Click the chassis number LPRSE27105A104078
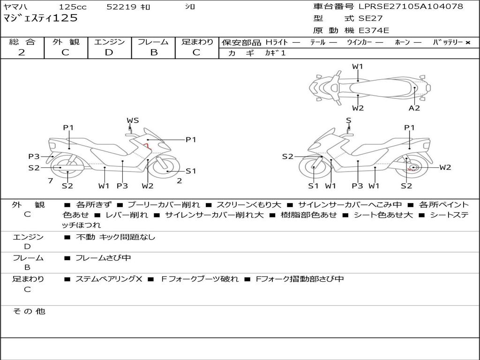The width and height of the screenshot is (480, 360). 411,7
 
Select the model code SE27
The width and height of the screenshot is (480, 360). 370,19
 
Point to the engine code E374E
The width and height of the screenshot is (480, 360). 374,31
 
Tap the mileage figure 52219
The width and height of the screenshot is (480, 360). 121,7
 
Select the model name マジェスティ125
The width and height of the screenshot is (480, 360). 40,19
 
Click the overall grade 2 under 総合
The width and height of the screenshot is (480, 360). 22,52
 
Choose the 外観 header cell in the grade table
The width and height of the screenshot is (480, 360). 66,42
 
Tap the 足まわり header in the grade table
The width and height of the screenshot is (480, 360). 197,42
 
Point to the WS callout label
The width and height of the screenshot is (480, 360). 133,120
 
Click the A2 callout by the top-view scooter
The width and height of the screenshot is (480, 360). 414,108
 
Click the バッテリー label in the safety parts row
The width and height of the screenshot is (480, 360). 450,42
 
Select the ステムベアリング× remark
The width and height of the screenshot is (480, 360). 109,279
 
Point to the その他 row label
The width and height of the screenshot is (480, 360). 29,311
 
